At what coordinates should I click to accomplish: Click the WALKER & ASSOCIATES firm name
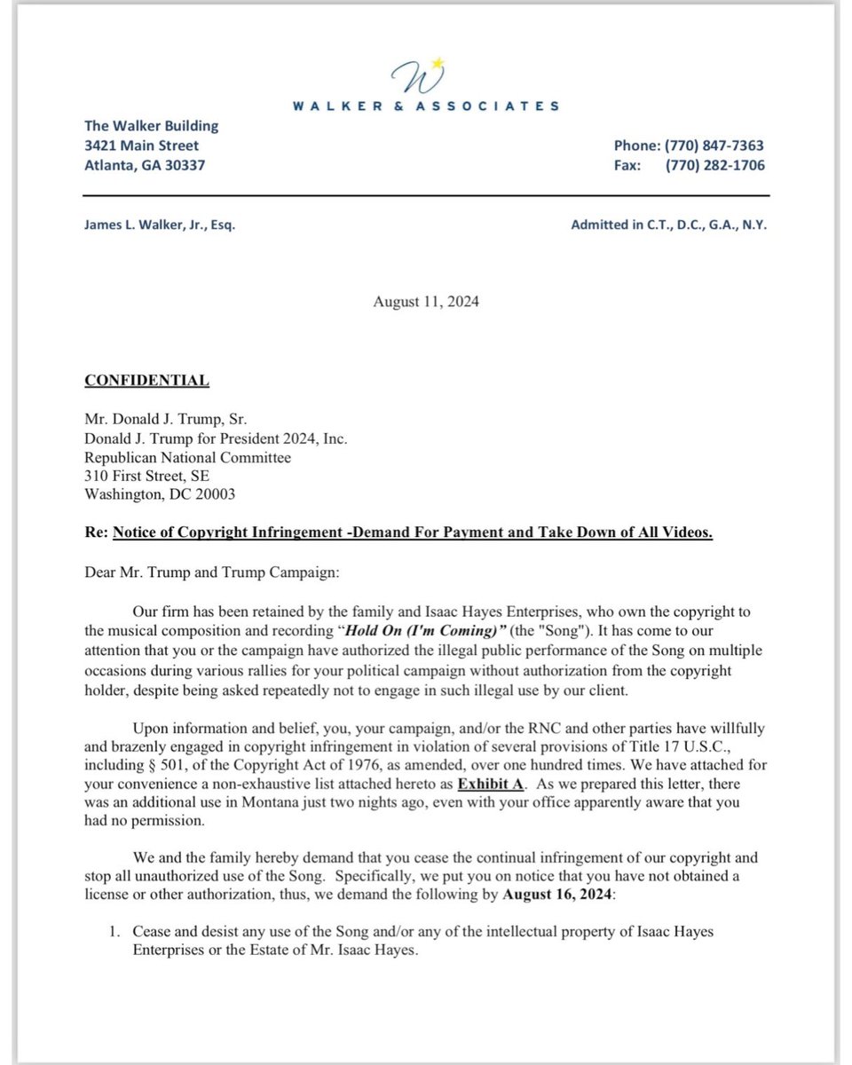click(426, 106)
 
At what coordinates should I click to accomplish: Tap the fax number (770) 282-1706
click(714, 165)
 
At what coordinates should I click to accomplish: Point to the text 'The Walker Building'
click(151, 126)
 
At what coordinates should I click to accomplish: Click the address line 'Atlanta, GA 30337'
click(144, 165)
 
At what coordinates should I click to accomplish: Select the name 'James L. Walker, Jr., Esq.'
click(160, 225)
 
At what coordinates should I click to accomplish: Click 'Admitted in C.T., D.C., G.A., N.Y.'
click(668, 225)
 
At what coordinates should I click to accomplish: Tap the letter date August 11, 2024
click(426, 302)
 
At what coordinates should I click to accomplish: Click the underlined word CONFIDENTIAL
click(146, 381)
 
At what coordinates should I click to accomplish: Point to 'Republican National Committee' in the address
click(187, 458)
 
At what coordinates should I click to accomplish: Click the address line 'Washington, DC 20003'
click(160, 495)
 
